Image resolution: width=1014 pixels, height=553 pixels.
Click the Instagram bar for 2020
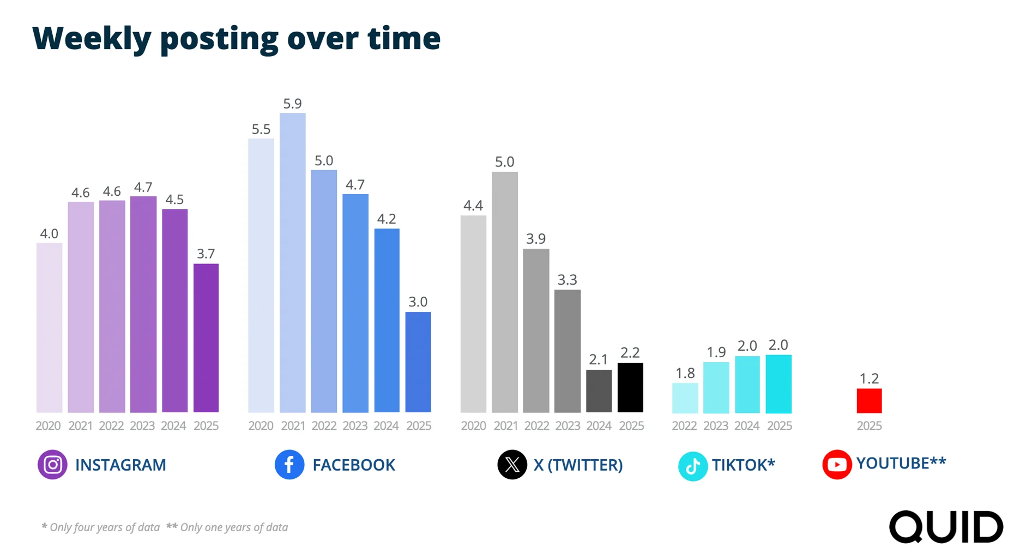(x=49, y=327)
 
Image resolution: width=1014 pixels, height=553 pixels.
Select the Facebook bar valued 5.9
(x=292, y=262)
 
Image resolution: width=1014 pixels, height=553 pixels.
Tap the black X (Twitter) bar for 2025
(x=630, y=387)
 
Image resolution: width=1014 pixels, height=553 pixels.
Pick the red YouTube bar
(x=869, y=400)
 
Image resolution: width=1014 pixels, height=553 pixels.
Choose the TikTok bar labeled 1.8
(x=685, y=398)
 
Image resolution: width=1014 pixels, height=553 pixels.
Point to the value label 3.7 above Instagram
(x=206, y=254)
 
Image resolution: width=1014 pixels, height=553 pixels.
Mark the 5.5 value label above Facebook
(x=261, y=129)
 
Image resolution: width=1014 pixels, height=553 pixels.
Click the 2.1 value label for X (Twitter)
(x=598, y=359)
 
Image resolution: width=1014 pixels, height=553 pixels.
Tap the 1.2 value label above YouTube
(x=869, y=378)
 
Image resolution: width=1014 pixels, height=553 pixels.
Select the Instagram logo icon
(x=52, y=465)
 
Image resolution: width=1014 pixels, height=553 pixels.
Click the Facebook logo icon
(x=289, y=465)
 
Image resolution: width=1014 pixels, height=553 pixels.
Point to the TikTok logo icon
(x=692, y=466)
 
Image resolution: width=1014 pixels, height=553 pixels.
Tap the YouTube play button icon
(x=837, y=465)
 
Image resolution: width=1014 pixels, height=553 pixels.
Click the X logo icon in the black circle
(x=512, y=465)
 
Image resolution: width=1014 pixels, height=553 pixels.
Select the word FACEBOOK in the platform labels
(x=353, y=465)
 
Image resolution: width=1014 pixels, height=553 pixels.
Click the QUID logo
(x=946, y=527)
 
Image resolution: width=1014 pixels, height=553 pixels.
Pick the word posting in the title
(x=219, y=39)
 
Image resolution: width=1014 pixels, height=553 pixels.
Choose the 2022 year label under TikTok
(x=684, y=426)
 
